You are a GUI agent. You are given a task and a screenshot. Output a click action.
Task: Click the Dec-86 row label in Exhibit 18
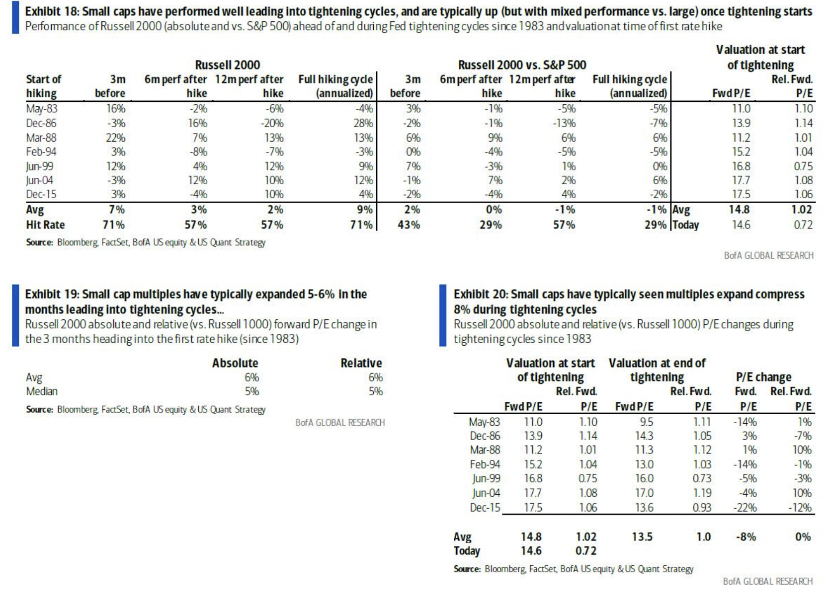pos(41,123)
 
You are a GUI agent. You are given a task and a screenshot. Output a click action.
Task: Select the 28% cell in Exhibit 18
pos(363,123)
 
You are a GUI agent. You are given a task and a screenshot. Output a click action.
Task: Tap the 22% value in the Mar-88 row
pos(115,138)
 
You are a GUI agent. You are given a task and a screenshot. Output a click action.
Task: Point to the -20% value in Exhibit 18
pos(272,123)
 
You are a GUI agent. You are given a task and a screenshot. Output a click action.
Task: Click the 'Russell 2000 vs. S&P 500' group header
pos(522,65)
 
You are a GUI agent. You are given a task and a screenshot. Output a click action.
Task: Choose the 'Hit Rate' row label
pos(45,225)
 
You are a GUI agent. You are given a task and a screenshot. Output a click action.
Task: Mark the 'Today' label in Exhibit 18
pos(686,225)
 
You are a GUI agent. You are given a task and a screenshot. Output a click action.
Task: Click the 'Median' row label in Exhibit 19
pos(42,391)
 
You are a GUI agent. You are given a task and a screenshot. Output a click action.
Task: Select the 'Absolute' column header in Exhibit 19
pos(235,363)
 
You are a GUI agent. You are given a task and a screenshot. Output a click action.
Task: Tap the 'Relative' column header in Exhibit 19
pos(361,363)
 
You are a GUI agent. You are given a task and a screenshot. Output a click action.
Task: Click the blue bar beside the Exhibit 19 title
pos(15,315)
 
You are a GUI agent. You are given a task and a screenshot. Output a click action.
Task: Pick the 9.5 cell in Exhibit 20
pos(646,422)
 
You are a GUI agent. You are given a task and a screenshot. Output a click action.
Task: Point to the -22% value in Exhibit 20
pos(745,508)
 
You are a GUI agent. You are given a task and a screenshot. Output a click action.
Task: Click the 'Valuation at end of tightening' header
pos(657,370)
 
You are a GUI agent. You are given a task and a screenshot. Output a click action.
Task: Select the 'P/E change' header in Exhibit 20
pos(763,377)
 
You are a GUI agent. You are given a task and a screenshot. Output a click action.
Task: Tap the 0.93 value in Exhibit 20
pos(702,508)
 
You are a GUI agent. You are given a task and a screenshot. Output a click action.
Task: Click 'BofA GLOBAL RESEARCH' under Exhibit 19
pos(340,423)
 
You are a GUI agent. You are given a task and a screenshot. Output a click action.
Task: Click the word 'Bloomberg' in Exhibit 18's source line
pos(77,242)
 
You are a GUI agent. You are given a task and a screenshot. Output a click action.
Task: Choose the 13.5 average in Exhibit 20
pos(642,537)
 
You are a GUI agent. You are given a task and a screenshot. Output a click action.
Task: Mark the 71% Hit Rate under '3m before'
pos(114,225)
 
